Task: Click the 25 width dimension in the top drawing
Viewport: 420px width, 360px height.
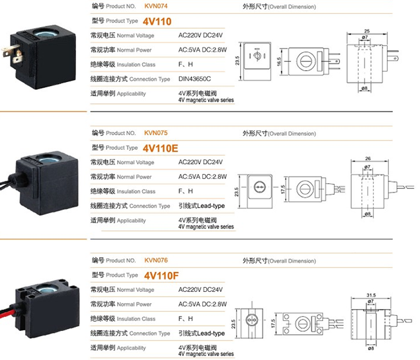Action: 366,31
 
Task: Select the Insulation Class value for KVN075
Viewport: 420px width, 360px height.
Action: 186,191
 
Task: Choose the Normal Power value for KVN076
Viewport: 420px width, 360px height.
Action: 202,304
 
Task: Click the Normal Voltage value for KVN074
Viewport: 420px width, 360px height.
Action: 202,35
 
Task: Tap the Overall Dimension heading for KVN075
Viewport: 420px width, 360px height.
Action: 278,133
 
